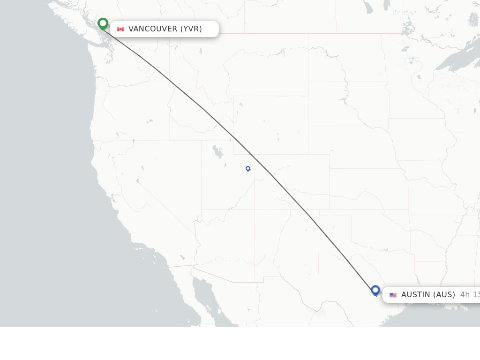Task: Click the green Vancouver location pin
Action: point(103,23)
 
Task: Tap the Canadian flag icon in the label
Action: point(120,29)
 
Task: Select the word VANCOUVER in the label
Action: point(153,29)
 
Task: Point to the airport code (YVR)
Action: point(191,29)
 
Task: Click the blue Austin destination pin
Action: point(375,290)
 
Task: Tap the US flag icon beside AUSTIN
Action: point(393,295)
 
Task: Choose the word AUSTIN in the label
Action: point(414,295)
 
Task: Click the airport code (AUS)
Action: point(443,295)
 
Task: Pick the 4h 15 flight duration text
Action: point(470,295)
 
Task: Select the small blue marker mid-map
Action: point(248,168)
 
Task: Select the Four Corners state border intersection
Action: point(255,209)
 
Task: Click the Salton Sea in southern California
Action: point(182,257)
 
